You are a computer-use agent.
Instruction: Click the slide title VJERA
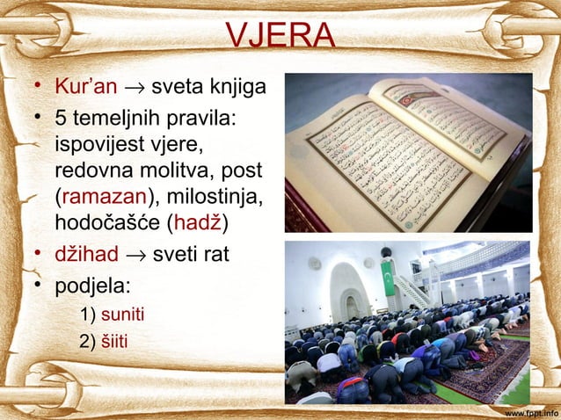tap(280, 36)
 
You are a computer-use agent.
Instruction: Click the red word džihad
tap(86, 256)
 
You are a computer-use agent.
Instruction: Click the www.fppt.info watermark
tap(531, 411)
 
